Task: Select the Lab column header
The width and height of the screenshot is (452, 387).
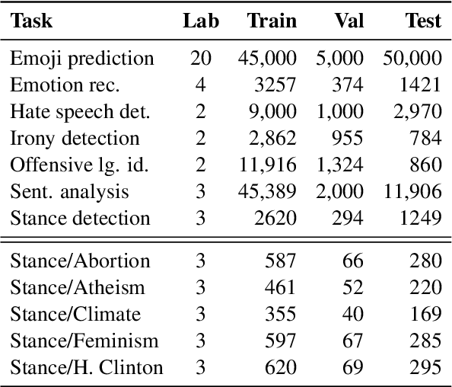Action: click(201, 21)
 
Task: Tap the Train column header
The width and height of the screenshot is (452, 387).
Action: click(272, 21)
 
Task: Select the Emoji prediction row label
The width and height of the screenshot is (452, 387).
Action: click(81, 59)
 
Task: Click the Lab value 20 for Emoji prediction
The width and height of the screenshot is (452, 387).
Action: click(201, 59)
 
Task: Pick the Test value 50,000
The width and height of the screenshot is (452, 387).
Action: click(413, 59)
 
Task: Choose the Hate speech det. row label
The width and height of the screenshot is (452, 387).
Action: click(80, 112)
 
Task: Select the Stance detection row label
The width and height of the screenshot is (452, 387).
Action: click(80, 219)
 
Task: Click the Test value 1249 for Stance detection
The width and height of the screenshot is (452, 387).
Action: click(421, 219)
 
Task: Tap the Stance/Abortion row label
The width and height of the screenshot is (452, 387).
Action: click(80, 261)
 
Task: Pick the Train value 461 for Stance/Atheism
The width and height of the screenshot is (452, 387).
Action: click(281, 288)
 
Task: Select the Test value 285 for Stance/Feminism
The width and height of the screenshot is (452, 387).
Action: click(426, 341)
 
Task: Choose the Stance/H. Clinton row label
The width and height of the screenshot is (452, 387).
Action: click(86, 368)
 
